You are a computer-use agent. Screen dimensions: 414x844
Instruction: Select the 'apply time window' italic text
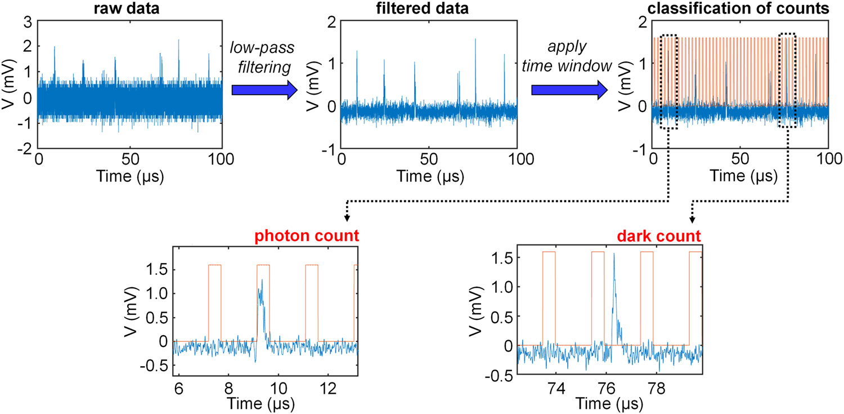coord(568,59)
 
